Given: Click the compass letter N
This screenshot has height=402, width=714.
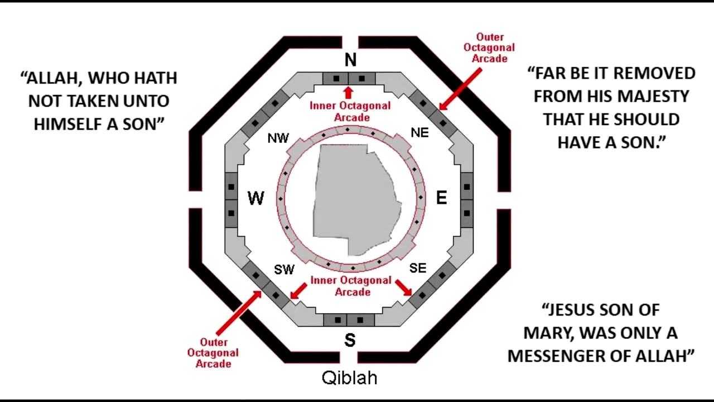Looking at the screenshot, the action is (350, 60).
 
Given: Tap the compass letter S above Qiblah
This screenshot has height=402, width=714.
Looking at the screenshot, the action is (350, 340).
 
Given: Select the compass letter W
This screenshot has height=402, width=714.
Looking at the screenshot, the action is (255, 198).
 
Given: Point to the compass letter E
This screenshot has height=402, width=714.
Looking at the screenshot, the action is (441, 198).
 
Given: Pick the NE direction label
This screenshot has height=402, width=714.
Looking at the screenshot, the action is (419, 133).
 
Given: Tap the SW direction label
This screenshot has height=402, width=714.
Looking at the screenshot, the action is (284, 270).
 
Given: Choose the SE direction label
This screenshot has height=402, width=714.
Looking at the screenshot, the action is (418, 269).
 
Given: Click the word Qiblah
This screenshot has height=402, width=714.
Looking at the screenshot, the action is (350, 378).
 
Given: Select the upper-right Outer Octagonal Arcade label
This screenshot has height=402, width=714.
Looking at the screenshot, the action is (489, 48).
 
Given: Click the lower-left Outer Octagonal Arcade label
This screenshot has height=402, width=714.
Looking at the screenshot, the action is (213, 353).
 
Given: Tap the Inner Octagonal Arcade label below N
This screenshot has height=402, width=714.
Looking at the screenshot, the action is (350, 112).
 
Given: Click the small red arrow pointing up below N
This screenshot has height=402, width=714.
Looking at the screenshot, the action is (349, 93).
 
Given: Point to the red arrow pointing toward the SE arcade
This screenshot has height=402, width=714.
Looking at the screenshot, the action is (403, 288).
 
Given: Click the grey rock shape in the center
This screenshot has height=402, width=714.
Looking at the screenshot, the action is (354, 195).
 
